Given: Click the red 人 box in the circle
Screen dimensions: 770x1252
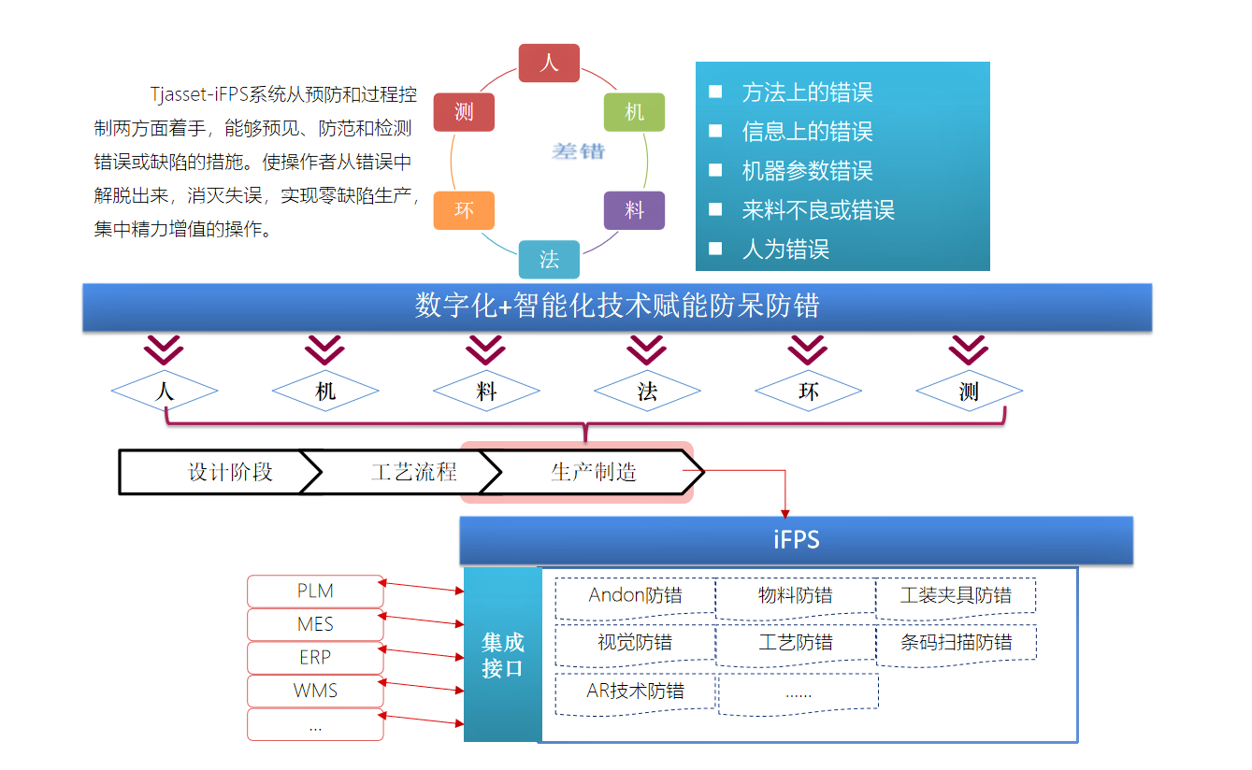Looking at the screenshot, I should click(x=550, y=63).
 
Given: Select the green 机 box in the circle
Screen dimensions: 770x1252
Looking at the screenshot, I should click(x=634, y=112).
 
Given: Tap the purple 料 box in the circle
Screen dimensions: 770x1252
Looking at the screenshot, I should click(x=634, y=210).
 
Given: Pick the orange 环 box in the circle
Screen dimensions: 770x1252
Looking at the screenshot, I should click(x=464, y=210).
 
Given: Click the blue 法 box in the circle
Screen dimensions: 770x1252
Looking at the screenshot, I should click(x=549, y=259).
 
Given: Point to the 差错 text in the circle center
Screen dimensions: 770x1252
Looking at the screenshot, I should click(x=578, y=150).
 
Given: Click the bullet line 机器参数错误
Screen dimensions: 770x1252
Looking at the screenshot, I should click(x=807, y=171).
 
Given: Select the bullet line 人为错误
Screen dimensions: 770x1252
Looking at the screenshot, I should click(x=785, y=250).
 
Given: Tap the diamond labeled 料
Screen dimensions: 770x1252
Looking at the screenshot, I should click(x=486, y=392).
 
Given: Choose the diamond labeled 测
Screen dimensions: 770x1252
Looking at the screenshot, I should click(x=969, y=392).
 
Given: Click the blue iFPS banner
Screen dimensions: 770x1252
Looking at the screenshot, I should click(x=796, y=540).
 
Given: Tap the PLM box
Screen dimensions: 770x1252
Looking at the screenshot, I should click(x=315, y=592).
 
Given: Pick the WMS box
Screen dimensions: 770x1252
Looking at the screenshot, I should click(x=315, y=692).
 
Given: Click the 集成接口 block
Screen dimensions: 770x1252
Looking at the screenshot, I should click(x=502, y=654).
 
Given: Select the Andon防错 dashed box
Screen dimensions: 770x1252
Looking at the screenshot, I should click(x=635, y=596).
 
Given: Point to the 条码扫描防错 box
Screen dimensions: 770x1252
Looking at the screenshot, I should click(x=956, y=643).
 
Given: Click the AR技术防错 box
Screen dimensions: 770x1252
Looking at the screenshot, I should click(x=635, y=692).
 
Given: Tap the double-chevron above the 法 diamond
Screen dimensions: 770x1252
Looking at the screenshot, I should click(x=646, y=350).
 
